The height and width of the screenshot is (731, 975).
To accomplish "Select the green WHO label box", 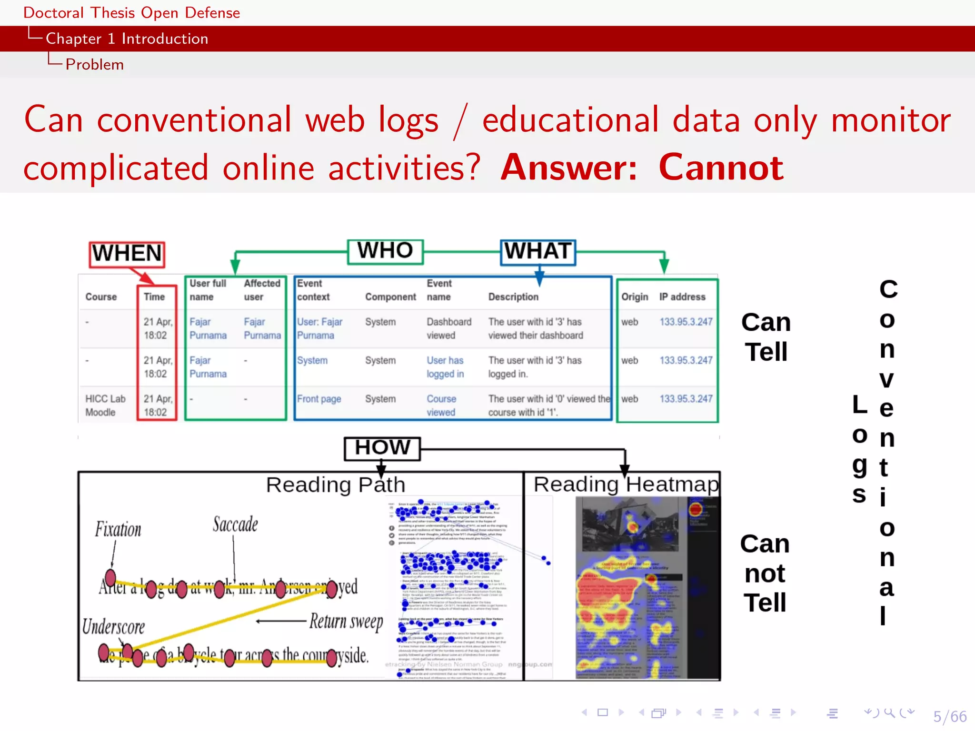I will (x=385, y=251).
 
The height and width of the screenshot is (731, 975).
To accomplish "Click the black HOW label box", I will (x=382, y=448).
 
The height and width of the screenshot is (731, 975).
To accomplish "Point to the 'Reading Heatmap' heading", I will (x=626, y=484).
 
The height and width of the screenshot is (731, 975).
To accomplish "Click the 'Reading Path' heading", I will (x=336, y=485).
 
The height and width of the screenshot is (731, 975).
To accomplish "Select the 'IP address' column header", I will (x=682, y=297).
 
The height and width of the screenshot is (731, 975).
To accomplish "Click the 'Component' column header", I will (x=390, y=297).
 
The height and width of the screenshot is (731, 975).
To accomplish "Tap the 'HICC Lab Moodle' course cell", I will (x=105, y=405).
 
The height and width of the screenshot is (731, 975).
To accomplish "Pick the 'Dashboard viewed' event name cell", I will (x=448, y=328).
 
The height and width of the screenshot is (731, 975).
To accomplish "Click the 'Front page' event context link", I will (x=319, y=399).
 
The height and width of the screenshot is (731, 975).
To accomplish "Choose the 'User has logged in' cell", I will (x=445, y=367).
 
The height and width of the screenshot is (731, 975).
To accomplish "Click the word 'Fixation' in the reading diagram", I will (x=118, y=529).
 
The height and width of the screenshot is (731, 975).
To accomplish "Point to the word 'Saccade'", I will (x=235, y=524).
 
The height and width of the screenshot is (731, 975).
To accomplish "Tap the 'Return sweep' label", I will (x=346, y=622).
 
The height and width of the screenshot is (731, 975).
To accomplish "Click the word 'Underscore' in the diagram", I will (x=113, y=627).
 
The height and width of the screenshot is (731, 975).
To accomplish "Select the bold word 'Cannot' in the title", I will (x=721, y=168).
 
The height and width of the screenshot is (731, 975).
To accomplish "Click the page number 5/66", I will (x=949, y=716).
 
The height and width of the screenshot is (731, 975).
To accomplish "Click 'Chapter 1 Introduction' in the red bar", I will (x=127, y=39).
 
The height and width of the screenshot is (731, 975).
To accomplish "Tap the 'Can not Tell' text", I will (x=765, y=573).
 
